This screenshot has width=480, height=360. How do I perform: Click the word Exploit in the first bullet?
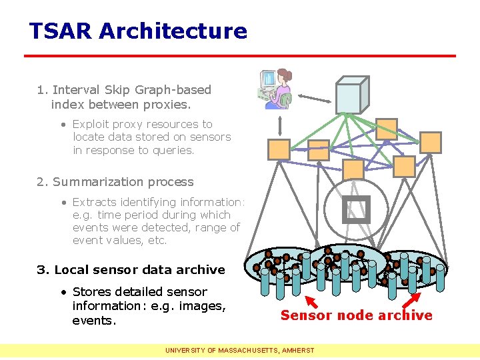(x=92, y=124)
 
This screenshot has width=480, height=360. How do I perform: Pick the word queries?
(x=172, y=150)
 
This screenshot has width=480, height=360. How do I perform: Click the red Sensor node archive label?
(x=356, y=315)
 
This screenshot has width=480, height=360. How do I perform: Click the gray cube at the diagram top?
(x=351, y=94)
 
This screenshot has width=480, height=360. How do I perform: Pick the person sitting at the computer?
(x=275, y=89)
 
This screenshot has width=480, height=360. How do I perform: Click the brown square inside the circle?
(x=355, y=209)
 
